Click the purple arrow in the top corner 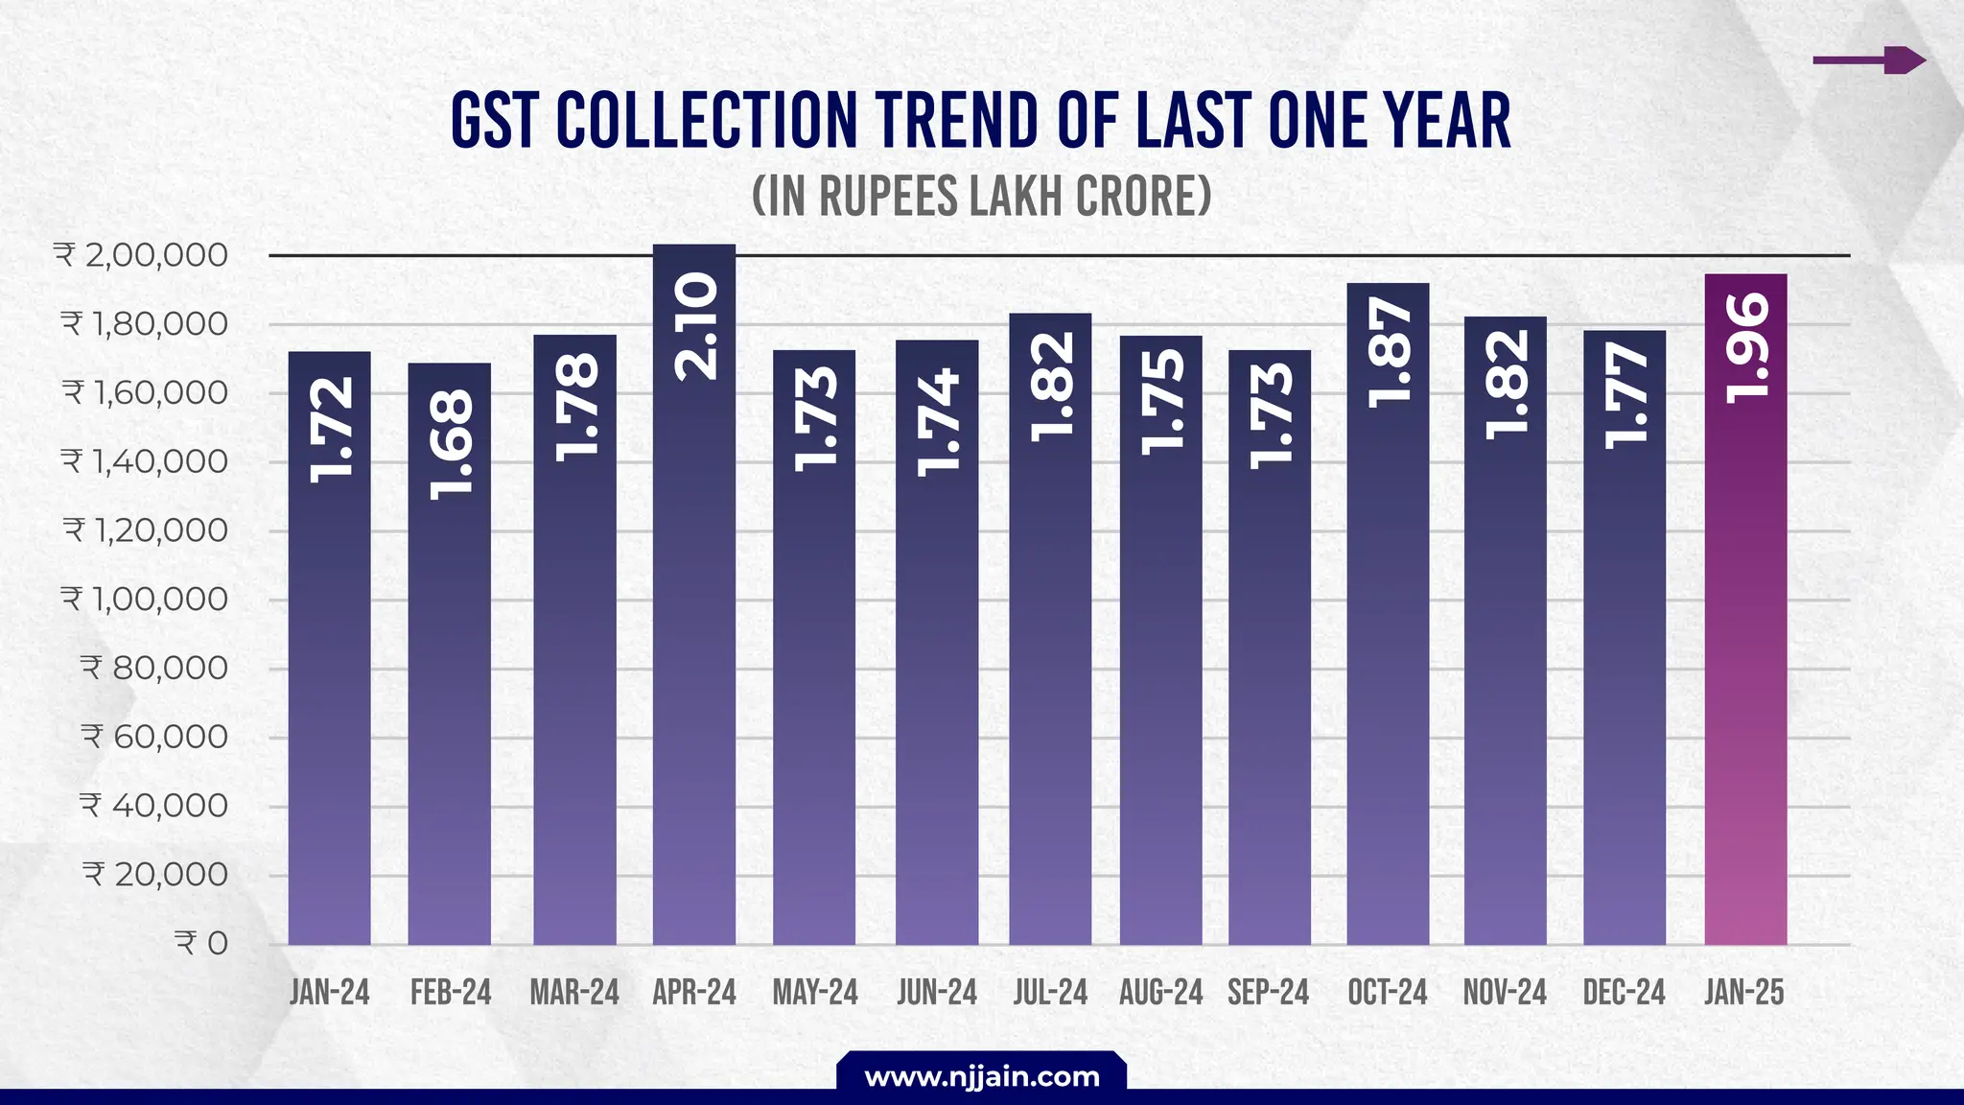point(1869,60)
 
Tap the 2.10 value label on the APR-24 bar point(695,326)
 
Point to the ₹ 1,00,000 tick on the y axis point(145,600)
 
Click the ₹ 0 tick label point(201,943)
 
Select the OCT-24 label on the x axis point(1387,992)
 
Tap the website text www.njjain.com point(981,1076)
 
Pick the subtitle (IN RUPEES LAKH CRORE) point(981,196)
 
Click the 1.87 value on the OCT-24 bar point(1390,352)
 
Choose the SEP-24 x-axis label point(1268,992)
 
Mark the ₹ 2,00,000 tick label point(141,255)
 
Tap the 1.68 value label point(451,444)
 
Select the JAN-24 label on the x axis point(329,992)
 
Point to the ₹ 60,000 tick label point(154,737)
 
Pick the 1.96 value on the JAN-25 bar point(1746,347)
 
